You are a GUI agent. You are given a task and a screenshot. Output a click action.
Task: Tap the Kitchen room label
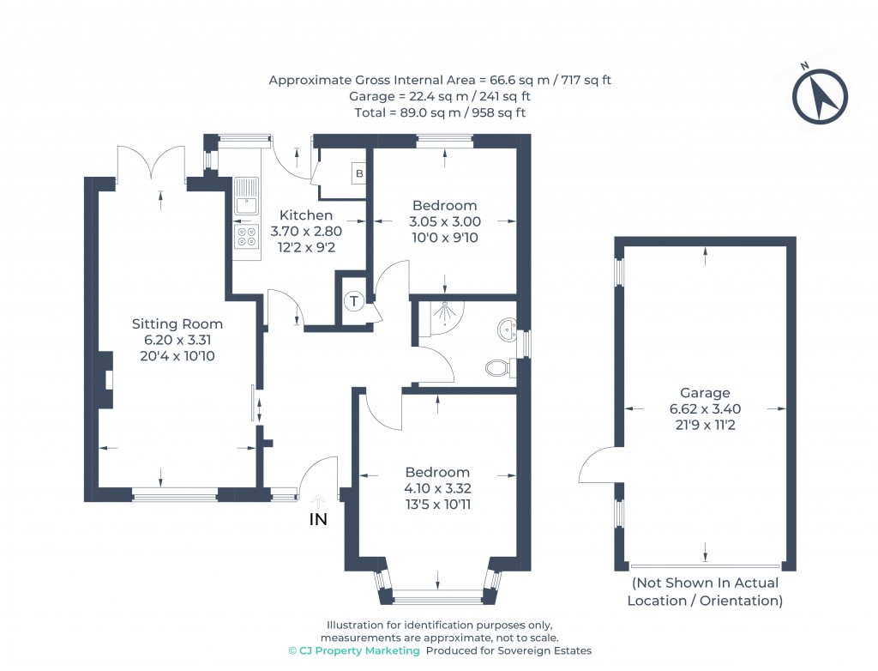pyautogui.click(x=306, y=215)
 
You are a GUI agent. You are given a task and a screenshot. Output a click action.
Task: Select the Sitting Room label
pyautogui.click(x=177, y=323)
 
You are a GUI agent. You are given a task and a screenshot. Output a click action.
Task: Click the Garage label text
pyautogui.click(x=705, y=393)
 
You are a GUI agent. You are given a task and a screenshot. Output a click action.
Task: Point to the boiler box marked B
pyautogui.click(x=359, y=173)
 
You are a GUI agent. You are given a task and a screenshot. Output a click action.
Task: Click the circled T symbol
pyautogui.click(x=354, y=300)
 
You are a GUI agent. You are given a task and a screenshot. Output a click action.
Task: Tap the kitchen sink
pyautogui.click(x=246, y=195)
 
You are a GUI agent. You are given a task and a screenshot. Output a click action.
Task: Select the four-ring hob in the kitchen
pyautogui.click(x=247, y=238)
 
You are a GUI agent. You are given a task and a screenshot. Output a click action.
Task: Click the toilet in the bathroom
pyautogui.click(x=498, y=368)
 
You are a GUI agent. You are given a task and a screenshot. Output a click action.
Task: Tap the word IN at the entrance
pyautogui.click(x=318, y=519)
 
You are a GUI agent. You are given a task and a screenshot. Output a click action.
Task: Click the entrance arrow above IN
pyautogui.click(x=318, y=501)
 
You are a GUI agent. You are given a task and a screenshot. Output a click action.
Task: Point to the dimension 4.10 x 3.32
pyautogui.click(x=437, y=488)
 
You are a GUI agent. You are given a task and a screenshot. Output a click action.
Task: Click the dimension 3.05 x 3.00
pyautogui.click(x=444, y=221)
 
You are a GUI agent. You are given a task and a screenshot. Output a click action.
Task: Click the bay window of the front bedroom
pyautogui.click(x=437, y=593)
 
